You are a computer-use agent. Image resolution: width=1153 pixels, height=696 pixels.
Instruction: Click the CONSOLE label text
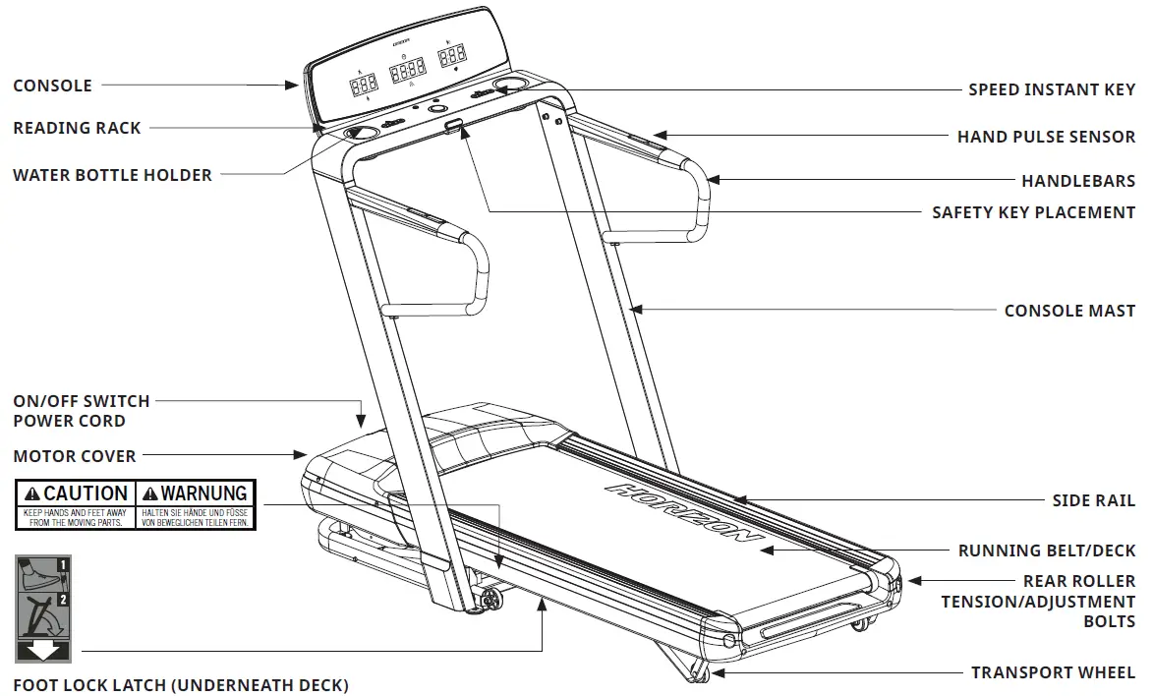pyautogui.click(x=52, y=87)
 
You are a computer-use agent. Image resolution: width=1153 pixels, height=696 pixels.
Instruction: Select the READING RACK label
pyautogui.click(x=77, y=128)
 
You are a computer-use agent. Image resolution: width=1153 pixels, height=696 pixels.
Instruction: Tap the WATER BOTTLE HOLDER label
pyautogui.click(x=112, y=175)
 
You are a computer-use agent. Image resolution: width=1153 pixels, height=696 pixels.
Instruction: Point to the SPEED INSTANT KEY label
pyautogui.click(x=1052, y=89)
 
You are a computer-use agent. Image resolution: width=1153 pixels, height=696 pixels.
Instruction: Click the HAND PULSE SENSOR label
pyautogui.click(x=1046, y=137)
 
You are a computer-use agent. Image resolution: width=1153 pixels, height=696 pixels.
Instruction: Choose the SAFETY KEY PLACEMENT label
pyautogui.click(x=1033, y=212)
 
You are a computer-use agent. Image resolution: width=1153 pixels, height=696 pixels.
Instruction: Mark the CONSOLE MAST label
pyautogui.click(x=1069, y=311)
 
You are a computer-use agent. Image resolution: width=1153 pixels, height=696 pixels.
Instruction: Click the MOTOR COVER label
pyautogui.click(x=75, y=456)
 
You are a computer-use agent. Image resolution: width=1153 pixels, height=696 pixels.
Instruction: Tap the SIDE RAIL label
pyautogui.click(x=1093, y=500)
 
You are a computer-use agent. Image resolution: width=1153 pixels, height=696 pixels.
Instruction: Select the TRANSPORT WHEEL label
pyautogui.click(x=1053, y=672)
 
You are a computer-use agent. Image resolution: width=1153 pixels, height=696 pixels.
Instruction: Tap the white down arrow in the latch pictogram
pyautogui.click(x=43, y=650)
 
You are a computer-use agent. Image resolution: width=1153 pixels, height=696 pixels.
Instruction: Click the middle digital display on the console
pyautogui.click(x=407, y=70)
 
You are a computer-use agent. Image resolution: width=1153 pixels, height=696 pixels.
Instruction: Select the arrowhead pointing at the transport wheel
pyautogui.click(x=717, y=673)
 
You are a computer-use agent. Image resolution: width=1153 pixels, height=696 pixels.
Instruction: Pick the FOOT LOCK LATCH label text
pyautogui.click(x=180, y=685)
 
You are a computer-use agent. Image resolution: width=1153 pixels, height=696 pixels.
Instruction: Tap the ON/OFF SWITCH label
pyautogui.click(x=81, y=401)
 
